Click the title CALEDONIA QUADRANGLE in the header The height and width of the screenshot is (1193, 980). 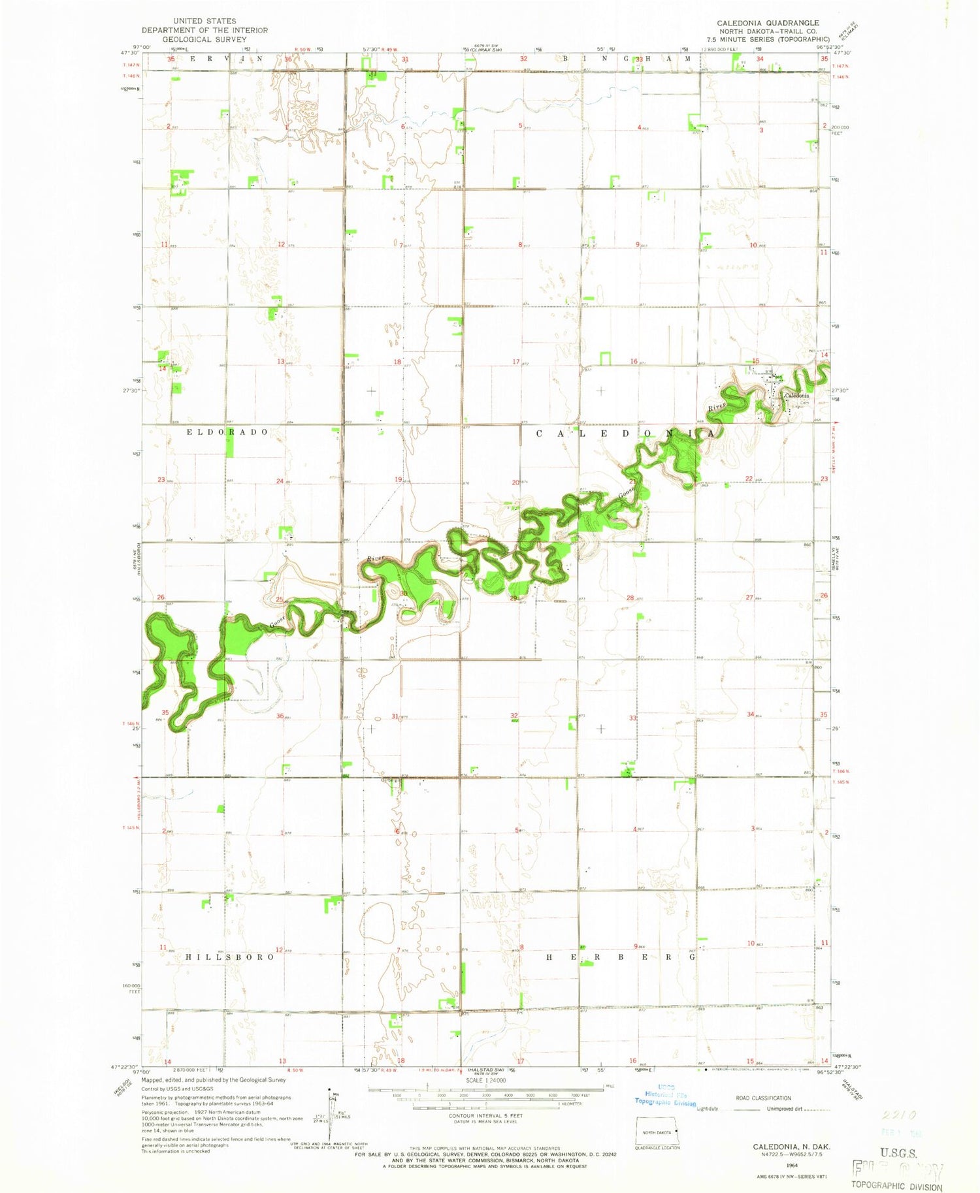pyautogui.click(x=768, y=23)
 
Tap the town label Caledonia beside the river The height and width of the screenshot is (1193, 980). pyautogui.click(x=796, y=396)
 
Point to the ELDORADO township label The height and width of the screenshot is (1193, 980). pyautogui.click(x=227, y=432)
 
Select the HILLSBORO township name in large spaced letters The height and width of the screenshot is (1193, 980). pyautogui.click(x=229, y=957)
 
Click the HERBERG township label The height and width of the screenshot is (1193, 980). pyautogui.click(x=621, y=957)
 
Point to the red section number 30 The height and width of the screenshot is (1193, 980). pyautogui.click(x=404, y=594)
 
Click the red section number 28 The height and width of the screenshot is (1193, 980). pyautogui.click(x=630, y=597)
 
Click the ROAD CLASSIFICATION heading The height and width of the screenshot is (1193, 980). pyautogui.click(x=763, y=1098)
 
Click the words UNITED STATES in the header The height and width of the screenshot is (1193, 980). pyautogui.click(x=204, y=22)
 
